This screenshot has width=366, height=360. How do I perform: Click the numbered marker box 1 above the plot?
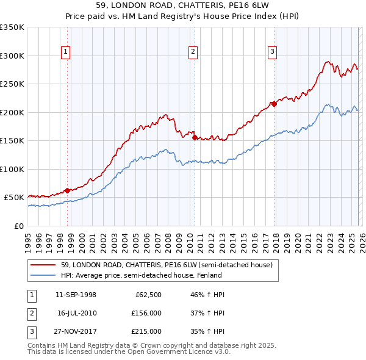65,52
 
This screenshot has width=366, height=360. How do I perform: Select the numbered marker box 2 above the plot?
193,52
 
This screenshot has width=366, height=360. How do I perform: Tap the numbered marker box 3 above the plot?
272,52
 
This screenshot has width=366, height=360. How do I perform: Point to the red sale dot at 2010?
195,137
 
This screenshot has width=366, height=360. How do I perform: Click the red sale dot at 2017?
274,104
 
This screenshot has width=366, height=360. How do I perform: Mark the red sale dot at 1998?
67,190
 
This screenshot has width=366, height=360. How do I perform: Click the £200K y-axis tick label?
12,112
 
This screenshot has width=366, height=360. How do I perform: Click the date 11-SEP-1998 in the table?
76,295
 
